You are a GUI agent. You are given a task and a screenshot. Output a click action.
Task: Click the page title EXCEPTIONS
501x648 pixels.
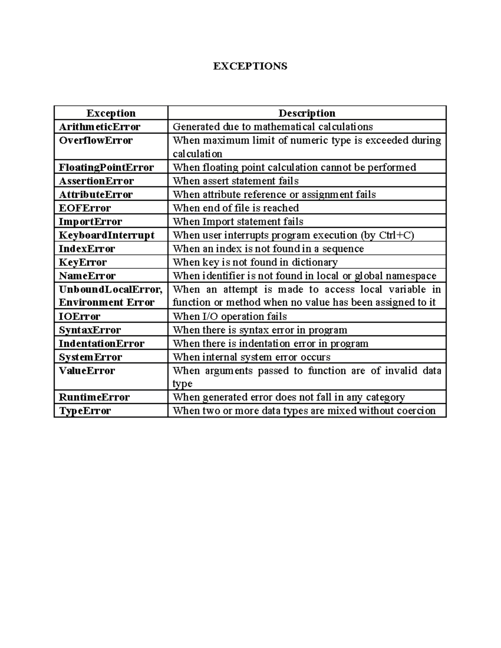[250, 66]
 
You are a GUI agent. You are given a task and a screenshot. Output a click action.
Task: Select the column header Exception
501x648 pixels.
[111, 113]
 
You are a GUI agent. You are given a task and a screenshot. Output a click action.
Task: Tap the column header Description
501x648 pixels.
[307, 113]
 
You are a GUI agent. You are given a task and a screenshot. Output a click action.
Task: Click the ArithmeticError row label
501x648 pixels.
[99, 126]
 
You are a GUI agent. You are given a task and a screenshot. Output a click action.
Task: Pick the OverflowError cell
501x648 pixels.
[96, 140]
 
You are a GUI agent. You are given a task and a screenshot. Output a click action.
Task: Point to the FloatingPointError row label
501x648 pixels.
[106, 167]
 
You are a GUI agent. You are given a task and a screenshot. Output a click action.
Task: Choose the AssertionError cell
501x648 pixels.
[96, 181]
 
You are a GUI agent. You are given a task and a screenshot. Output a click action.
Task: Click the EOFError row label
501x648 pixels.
[85, 208]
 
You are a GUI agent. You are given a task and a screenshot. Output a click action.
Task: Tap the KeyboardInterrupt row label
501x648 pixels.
[106, 235]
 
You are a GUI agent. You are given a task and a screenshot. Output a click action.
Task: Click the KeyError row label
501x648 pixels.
[83, 262]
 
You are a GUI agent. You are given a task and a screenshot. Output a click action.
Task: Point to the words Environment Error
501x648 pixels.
[106, 302]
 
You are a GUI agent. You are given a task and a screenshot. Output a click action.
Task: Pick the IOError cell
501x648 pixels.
[79, 316]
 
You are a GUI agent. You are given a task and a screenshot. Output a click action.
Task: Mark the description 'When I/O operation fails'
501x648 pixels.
[230, 316]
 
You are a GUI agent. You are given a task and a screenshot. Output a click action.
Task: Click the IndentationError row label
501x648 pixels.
[101, 343]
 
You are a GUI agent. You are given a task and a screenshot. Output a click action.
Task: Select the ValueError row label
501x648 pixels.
[87, 371]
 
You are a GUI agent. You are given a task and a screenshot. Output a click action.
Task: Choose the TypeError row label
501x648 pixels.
[85, 411]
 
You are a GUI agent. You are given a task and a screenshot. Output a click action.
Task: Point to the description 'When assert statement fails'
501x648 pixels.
[235, 181]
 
